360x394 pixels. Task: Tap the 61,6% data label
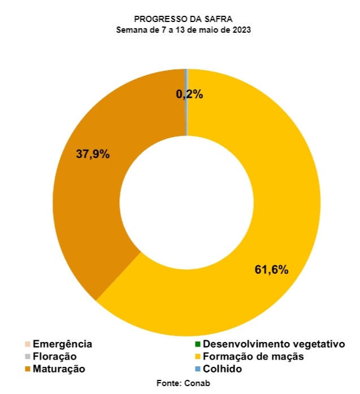pos(272,270)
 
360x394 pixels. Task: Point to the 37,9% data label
pos(93,154)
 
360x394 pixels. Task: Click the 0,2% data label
pos(189,95)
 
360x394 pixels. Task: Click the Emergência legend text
pos(62,344)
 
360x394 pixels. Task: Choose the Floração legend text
pos(54,356)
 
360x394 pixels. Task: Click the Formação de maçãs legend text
pos(253,356)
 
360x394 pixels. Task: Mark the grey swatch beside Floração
pos(28,357)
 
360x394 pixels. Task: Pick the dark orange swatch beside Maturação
pos(28,369)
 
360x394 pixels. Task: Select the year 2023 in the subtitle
pos(241,30)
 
